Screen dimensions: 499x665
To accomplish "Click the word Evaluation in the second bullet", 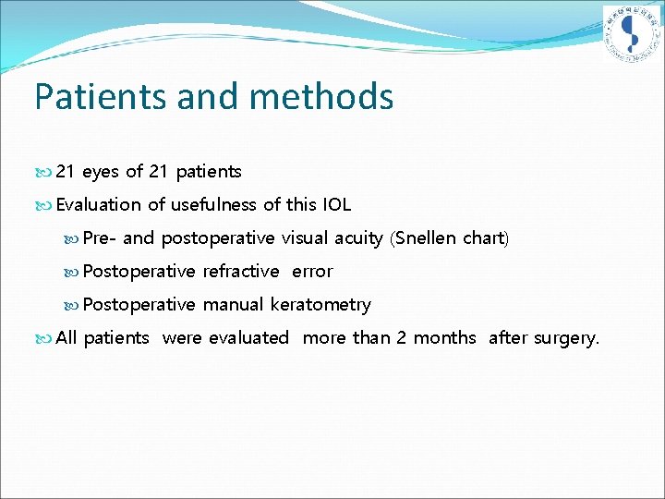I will point(99,204).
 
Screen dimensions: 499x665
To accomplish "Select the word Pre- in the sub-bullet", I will point(100,237).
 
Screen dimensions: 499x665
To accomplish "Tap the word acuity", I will point(358,237).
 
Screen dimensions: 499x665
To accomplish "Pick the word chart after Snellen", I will point(484,237).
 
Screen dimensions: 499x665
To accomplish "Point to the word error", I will point(312,271).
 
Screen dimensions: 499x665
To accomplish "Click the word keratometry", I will point(320,304).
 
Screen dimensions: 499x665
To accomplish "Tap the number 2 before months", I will point(402,337).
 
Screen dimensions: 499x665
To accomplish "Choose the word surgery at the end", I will point(565,338).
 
